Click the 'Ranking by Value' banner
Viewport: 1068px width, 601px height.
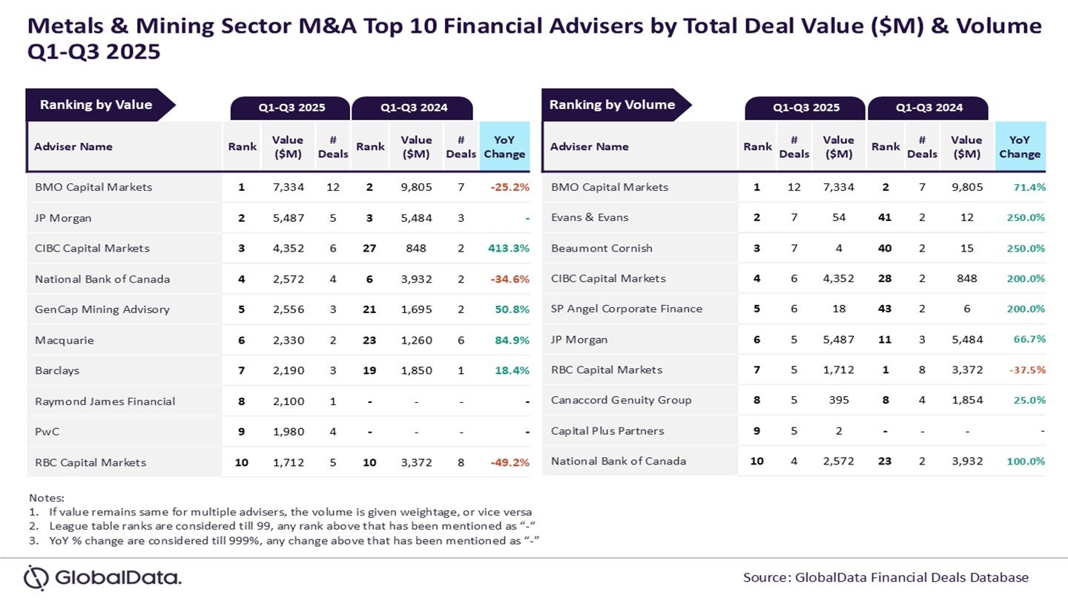[96, 105]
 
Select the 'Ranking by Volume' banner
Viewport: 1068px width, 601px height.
[612, 105]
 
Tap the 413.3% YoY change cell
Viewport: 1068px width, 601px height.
[509, 249]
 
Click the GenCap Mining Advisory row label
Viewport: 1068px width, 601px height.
[102, 309]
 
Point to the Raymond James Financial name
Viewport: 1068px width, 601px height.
[105, 401]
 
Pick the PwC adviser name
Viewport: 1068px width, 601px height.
[47, 432]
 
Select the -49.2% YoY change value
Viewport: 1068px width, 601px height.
[509, 462]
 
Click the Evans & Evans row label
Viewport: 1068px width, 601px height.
[589, 217]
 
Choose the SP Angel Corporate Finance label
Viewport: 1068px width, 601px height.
[626, 309]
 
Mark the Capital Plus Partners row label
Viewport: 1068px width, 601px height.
[607, 430]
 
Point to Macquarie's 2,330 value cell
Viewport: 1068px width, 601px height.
[288, 341]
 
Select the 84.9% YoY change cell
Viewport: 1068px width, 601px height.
[511, 341]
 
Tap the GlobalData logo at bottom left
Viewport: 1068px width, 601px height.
[102, 577]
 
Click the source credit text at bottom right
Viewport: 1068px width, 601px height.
[886, 577]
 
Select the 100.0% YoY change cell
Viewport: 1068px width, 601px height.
[1025, 461]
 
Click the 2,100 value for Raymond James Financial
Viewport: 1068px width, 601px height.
[288, 401]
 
